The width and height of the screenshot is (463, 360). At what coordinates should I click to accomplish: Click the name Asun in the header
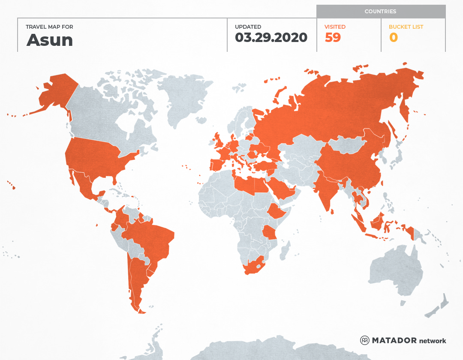tap(50, 40)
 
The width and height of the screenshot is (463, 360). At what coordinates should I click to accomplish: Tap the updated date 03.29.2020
tap(271, 38)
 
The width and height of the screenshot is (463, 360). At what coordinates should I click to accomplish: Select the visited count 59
tap(333, 38)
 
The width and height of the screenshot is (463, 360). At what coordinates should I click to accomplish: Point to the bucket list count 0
tap(393, 38)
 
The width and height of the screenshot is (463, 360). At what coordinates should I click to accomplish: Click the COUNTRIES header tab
tap(380, 12)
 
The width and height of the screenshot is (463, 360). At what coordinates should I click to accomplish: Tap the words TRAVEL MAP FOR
tap(49, 27)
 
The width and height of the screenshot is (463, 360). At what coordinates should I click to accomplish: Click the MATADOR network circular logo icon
tap(365, 340)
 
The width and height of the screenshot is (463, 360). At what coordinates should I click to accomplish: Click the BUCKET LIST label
tap(406, 27)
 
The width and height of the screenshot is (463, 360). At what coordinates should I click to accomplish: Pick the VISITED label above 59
tap(335, 27)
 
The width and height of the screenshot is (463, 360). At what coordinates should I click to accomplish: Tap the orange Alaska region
tap(56, 92)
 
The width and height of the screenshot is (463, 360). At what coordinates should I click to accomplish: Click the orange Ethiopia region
tap(277, 211)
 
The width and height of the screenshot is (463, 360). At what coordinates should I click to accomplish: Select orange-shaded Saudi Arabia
tap(281, 189)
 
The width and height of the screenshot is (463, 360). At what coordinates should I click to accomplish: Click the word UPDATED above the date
tap(248, 27)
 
